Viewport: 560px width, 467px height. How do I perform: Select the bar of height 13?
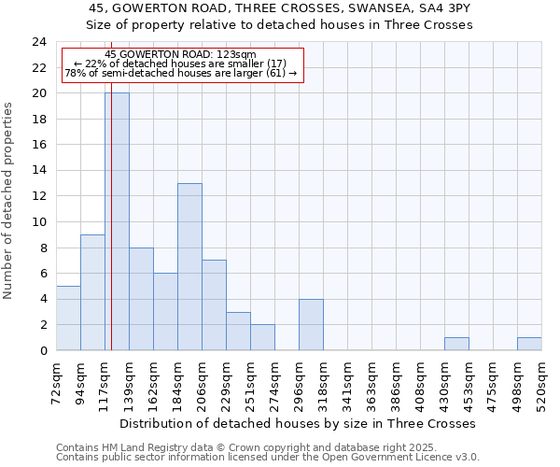point(189,267)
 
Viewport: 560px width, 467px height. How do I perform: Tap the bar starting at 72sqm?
point(68,318)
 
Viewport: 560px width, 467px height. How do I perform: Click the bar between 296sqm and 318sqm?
point(311,325)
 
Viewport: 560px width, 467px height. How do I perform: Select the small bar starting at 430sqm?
point(456,344)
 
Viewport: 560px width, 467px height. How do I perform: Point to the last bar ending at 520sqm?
point(529,344)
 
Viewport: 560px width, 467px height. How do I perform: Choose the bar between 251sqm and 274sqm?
point(262,337)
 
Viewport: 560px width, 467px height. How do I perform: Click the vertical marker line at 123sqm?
point(111,233)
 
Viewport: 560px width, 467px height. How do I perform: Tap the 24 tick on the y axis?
point(39,42)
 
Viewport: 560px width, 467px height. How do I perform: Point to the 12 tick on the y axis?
point(39,196)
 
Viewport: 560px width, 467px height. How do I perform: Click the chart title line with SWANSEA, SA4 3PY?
point(279,7)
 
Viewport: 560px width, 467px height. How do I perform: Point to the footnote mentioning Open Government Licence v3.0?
point(268,458)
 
